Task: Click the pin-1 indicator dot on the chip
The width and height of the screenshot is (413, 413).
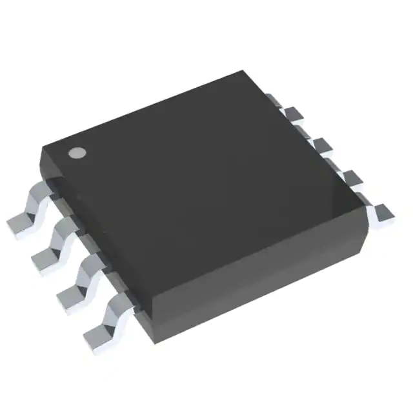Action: point(77,153)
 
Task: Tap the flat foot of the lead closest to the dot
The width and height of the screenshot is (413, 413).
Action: point(20,226)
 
